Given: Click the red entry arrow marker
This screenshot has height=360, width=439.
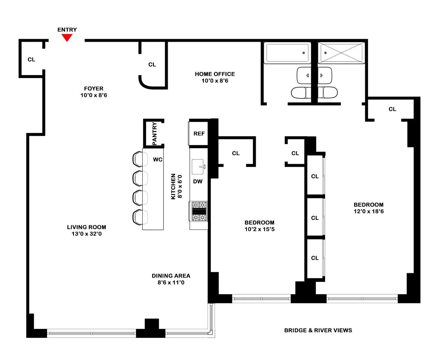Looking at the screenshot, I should coord(67,37).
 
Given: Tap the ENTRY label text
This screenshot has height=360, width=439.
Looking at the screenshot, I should coord(67,30).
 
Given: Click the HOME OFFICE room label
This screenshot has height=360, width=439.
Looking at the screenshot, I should coord(215,74).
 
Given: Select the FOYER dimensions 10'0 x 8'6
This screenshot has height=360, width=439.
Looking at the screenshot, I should coord(94,95).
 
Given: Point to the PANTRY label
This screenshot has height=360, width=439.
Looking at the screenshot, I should coord(154,134).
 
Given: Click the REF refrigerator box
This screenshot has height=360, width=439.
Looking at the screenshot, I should coord(199,134).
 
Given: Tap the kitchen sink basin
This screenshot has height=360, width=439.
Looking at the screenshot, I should coord(198,167).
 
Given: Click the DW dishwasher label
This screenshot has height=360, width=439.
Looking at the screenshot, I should coord(198,181).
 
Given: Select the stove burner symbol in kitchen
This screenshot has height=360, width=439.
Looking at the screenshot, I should coord(199,211).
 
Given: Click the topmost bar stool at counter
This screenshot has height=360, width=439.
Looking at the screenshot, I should coord(140,159).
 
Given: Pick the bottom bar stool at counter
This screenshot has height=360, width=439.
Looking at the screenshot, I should coord(140,217).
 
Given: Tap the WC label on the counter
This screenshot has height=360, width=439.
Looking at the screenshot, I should coord(157,159).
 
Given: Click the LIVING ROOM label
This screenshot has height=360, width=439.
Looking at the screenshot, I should coord(86,227).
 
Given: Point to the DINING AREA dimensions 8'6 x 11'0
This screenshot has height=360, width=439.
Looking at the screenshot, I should coord(171,282).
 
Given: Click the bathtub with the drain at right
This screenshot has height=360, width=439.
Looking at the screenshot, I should coord(287,53).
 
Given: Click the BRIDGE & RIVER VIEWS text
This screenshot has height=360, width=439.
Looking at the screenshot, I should coord(318,330).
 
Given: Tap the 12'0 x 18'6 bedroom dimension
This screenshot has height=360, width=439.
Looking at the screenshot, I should coord(368,211).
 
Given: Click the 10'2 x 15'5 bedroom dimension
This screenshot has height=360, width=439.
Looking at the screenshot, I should coord(259,229).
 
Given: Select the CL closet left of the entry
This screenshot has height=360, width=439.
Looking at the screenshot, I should coord(31,60).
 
